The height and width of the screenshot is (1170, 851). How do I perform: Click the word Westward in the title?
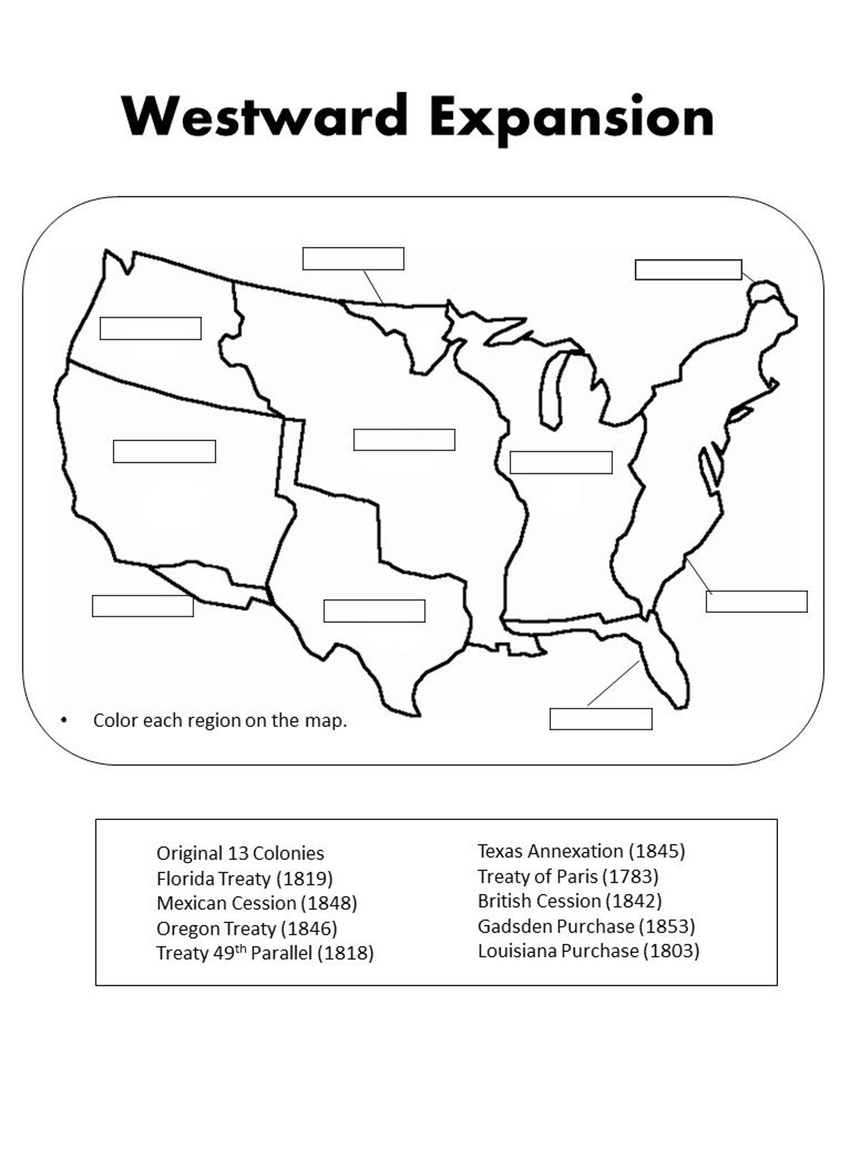tap(265, 117)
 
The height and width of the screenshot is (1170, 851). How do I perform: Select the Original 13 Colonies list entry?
tap(240, 853)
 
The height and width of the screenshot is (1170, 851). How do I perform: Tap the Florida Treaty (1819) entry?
tap(245, 878)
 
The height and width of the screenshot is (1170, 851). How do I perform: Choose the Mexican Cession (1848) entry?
tap(257, 903)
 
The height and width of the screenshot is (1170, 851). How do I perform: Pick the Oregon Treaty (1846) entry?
tap(247, 928)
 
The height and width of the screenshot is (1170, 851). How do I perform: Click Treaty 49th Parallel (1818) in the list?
tap(265, 953)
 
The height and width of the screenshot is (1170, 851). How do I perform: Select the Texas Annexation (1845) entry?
tap(581, 851)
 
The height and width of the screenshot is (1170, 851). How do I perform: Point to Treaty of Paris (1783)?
tap(568, 876)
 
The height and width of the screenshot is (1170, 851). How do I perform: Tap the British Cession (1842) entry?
tap(570, 901)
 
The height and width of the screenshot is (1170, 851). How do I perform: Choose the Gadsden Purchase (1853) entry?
tap(586, 926)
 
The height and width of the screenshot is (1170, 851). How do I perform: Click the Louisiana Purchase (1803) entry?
tap(588, 951)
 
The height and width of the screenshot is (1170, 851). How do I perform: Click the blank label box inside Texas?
tap(374, 610)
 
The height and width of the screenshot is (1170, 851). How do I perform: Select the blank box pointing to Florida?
tap(601, 719)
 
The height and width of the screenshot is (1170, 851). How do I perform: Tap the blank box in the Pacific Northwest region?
tap(151, 328)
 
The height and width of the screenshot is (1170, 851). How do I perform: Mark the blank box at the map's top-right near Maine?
tap(688, 269)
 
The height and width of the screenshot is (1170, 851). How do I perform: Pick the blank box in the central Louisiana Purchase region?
tap(404, 439)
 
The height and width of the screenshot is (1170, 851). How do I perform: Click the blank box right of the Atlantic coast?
tap(756, 601)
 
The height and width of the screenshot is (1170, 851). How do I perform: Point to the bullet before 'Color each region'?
tap(63, 721)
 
